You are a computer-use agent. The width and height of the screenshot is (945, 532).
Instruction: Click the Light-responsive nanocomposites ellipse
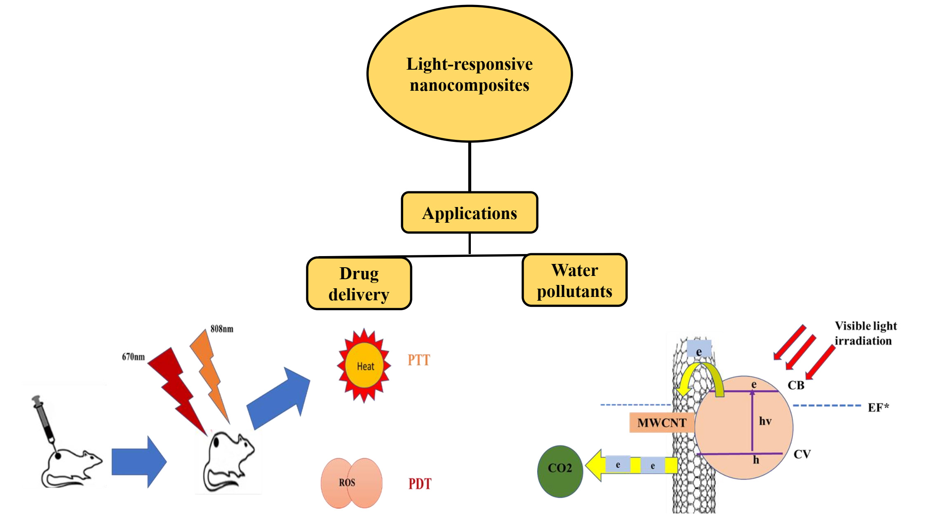point(470,74)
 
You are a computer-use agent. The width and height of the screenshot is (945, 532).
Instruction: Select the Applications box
point(470,213)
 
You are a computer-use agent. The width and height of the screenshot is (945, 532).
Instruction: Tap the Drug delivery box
point(359,284)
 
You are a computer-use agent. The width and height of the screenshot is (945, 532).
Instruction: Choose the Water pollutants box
point(574,280)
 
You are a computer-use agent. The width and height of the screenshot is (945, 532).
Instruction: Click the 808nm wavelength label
point(222,329)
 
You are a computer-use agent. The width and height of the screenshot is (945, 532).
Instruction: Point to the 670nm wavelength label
point(133,357)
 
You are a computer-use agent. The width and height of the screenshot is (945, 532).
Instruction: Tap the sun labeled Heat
point(364,366)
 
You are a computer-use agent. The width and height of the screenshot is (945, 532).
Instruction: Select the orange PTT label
point(418,360)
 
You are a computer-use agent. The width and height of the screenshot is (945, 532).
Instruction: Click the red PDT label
point(420,483)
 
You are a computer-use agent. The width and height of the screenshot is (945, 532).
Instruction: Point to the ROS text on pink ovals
point(347,483)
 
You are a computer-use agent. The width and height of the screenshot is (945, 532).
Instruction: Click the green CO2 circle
point(560,471)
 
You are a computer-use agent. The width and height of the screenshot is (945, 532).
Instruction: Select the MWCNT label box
point(661,423)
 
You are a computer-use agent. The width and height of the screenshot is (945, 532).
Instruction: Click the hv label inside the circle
point(765,421)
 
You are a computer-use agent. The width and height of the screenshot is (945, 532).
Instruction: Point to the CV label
point(802,454)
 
